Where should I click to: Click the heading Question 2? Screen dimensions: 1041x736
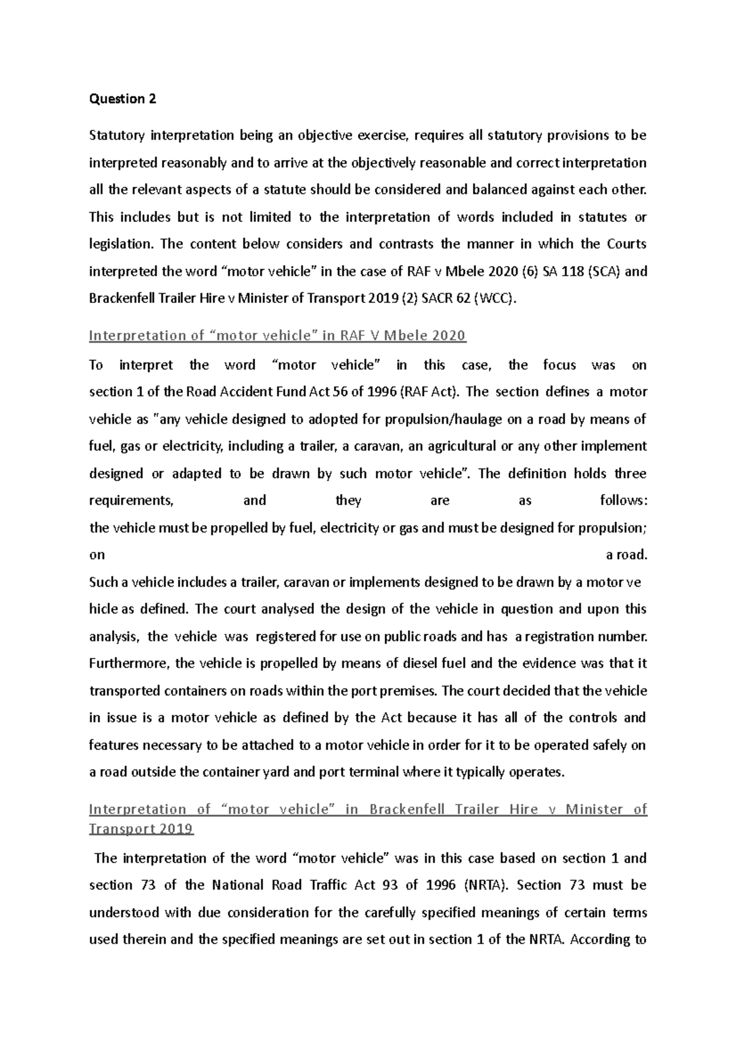(x=123, y=99)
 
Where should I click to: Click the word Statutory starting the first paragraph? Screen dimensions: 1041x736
(x=117, y=135)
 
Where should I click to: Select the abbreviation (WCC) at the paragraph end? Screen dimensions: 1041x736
(x=492, y=299)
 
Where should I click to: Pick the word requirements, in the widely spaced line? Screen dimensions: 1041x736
(x=132, y=501)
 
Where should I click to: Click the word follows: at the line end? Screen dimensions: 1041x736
(x=623, y=501)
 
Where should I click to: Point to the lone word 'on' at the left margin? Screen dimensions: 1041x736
(x=97, y=555)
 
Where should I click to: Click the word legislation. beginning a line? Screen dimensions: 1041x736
(x=121, y=245)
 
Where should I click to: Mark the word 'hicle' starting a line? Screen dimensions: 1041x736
(x=104, y=609)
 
